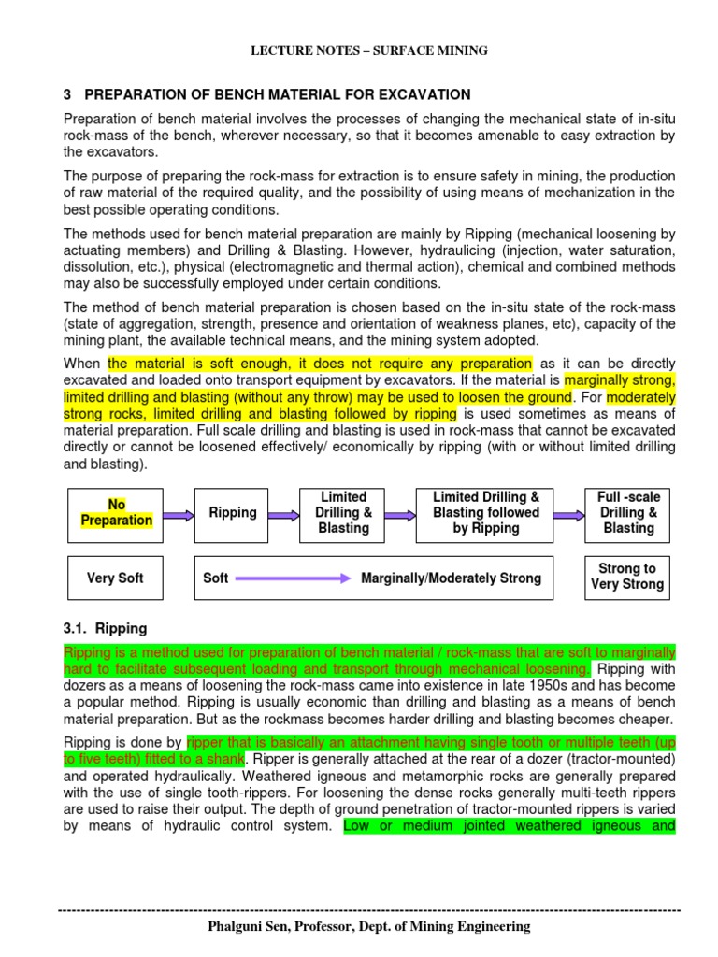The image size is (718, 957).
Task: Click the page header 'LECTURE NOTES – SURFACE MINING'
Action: coord(368,50)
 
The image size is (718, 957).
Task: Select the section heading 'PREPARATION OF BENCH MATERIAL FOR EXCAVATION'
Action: coord(278,95)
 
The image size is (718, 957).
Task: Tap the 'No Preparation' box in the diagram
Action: coord(116,513)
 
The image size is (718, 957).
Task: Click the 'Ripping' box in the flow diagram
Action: coord(233,513)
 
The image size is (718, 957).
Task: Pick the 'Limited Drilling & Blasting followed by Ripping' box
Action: coord(486,513)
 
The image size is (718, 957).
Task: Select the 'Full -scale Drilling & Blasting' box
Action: coord(627,513)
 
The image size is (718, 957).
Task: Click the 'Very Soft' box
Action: coord(116,578)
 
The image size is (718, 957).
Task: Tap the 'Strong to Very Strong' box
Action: coord(627,578)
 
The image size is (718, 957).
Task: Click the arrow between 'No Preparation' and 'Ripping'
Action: coord(177,513)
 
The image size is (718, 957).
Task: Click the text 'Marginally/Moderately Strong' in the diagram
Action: coord(451,578)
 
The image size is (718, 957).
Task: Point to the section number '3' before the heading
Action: coord(67,95)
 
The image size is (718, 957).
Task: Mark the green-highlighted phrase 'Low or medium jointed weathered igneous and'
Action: coord(510,825)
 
